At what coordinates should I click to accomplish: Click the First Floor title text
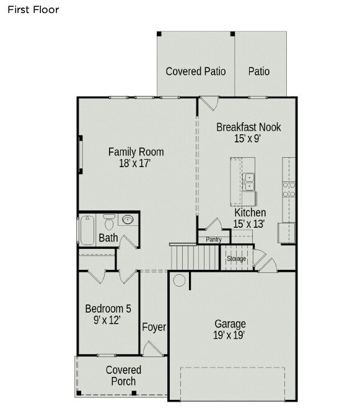pos(33,10)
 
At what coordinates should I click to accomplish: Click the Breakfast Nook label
pos(248,127)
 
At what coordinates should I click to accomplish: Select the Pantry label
pos(213,239)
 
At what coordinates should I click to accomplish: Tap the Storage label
pos(236,258)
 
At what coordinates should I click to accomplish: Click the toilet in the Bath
pos(110,221)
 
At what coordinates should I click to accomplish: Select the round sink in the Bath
pos(129,220)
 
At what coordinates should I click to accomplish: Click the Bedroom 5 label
pos(107,308)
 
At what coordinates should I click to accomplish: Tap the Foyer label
pos(154,327)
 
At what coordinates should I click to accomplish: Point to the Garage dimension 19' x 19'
pos(230,335)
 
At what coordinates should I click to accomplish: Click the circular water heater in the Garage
pos(178,281)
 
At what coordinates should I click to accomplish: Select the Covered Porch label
pos(123,375)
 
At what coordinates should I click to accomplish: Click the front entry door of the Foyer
pos(152,350)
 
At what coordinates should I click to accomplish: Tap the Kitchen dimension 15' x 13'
pos(249,224)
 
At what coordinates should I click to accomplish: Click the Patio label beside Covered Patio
pos(259,71)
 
